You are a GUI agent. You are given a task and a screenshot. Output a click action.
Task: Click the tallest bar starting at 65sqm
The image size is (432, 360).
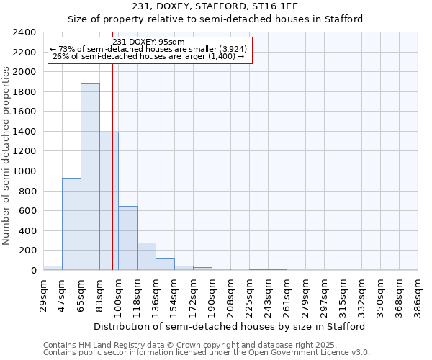[x=90, y=176]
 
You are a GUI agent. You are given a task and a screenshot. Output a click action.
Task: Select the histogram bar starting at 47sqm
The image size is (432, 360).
[x=71, y=224]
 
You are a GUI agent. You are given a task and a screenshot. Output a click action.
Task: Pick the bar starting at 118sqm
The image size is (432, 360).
[x=146, y=256]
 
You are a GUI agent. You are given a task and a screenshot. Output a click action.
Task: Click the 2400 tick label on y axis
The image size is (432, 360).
[x=24, y=32]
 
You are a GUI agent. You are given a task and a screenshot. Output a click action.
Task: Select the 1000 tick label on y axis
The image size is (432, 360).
[x=24, y=171]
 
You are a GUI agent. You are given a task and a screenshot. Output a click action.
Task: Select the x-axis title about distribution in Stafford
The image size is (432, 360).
[x=230, y=326]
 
